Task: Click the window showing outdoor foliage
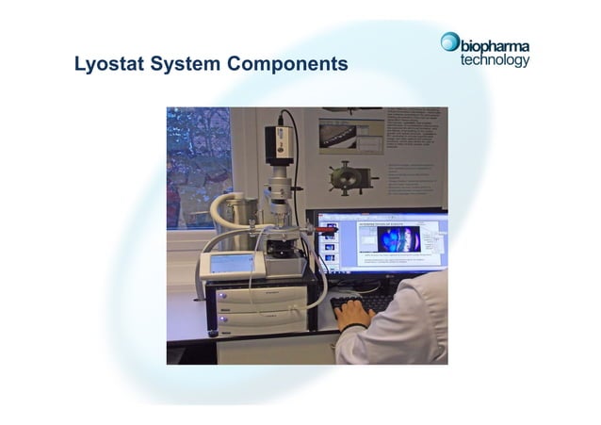pyautogui.click(x=198, y=165)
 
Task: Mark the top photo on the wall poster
pyautogui.click(x=350, y=132)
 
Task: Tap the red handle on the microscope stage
pyautogui.click(x=326, y=228)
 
